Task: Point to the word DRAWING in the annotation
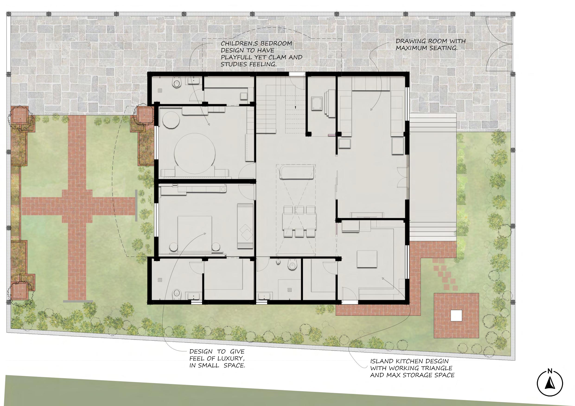pyautogui.click(x=408, y=41)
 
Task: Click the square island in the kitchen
pyautogui.click(x=367, y=259)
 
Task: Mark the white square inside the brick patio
pyautogui.click(x=456, y=315)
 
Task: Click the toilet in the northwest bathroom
pyautogui.click(x=177, y=82)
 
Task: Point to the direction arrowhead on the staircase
pyautogui.click(x=295, y=108)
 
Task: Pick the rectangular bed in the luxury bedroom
pyautogui.click(x=195, y=233)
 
